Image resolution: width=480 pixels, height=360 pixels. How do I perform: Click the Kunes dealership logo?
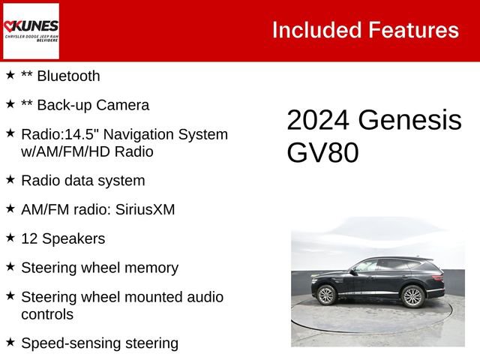(x=31, y=31)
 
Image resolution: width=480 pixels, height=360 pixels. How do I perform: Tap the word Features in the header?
(x=413, y=30)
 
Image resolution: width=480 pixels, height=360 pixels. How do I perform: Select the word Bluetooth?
(x=67, y=76)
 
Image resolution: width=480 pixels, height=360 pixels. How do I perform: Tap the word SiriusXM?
(x=145, y=209)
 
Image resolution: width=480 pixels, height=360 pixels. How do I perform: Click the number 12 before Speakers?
(x=30, y=238)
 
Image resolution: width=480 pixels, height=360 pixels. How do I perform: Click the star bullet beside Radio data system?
(x=10, y=179)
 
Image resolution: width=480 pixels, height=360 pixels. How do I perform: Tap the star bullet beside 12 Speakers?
(x=10, y=238)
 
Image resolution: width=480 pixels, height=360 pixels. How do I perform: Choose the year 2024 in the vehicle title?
(x=318, y=121)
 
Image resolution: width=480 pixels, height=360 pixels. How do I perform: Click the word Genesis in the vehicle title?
(x=409, y=121)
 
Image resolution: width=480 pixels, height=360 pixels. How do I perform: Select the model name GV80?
(x=322, y=152)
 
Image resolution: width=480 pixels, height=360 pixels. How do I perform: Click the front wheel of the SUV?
(x=326, y=295)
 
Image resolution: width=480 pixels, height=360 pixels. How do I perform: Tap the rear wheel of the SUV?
(x=412, y=296)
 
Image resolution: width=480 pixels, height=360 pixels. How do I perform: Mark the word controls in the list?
(x=47, y=314)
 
